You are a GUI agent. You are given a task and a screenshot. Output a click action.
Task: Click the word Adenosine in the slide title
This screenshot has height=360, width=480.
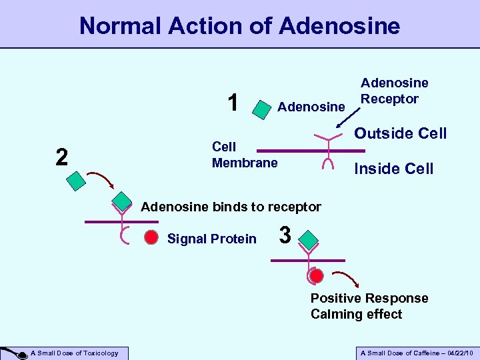pos(340,26)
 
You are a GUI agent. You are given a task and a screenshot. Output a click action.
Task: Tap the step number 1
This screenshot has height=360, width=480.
pos(233,103)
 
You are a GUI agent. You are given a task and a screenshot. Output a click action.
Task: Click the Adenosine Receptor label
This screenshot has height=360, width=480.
pos(394,91)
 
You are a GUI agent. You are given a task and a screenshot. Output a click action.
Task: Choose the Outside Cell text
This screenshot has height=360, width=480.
pos(400,133)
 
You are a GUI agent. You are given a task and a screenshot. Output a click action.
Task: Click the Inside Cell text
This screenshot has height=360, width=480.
pos(394,169)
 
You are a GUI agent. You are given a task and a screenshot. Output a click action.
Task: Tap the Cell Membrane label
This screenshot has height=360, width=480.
pos(245,155)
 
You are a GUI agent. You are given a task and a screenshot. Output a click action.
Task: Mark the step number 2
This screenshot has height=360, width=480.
pos(61,157)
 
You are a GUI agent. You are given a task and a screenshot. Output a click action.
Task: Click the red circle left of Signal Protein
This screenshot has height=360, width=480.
pos(151,237)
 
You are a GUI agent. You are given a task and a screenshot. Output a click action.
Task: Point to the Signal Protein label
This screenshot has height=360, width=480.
pos(211,239)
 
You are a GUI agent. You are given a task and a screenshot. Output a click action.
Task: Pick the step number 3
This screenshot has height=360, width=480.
pos(285,235)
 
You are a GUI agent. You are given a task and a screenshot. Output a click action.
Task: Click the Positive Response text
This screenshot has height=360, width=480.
pos(369,298)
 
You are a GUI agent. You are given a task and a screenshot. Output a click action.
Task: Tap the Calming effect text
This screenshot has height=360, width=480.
pos(356,314)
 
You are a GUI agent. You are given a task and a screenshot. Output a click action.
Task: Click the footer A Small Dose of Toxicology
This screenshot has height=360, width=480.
pos(78,353)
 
